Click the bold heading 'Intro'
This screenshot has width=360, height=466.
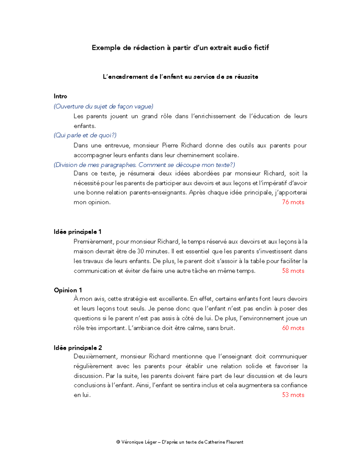(60, 96)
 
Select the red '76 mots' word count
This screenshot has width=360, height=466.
(293, 202)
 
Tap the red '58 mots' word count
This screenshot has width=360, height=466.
(293, 271)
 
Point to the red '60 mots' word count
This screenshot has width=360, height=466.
(293, 328)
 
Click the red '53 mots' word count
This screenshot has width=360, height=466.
(293, 395)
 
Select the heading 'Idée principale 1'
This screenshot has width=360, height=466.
(77, 232)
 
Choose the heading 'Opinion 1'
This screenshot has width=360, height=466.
(68, 290)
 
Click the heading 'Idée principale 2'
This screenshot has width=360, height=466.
(78, 348)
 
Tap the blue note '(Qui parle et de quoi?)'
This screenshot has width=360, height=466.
(85, 135)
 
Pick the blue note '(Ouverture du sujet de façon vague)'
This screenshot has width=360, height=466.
(103, 107)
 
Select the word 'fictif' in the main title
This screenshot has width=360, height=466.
(261, 48)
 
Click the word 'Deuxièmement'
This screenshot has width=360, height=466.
(95, 356)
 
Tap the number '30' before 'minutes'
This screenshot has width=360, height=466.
(140, 251)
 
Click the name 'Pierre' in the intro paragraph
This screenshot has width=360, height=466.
(170, 146)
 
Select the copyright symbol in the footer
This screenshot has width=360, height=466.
(118, 442)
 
